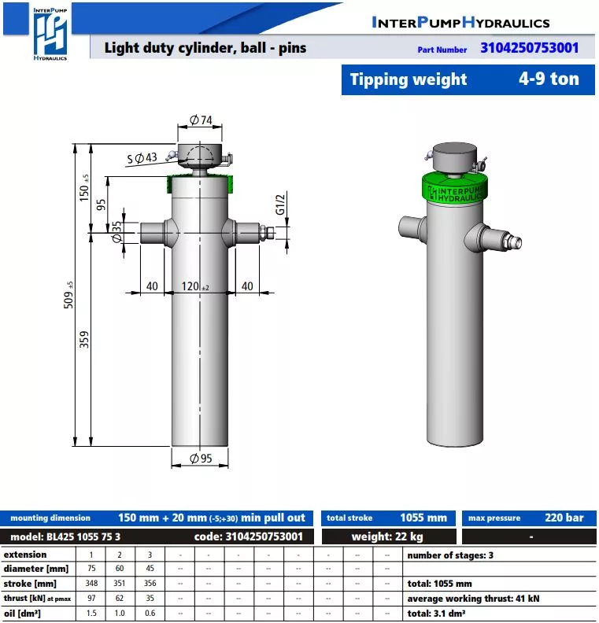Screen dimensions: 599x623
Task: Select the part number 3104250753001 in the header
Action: pyautogui.click(x=530, y=48)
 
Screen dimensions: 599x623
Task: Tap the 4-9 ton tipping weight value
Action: pyautogui.click(x=549, y=79)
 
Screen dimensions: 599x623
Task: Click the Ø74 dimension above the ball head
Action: pyautogui.click(x=201, y=120)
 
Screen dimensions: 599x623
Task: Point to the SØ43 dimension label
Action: pyautogui.click(x=142, y=158)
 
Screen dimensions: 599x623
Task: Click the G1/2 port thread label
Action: pyautogui.click(x=280, y=205)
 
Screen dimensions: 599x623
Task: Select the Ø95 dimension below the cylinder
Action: pyautogui.click(x=201, y=459)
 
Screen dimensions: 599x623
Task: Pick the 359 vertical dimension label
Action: pyautogui.click(x=84, y=340)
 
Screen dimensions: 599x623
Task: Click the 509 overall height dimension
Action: pyautogui.click(x=68, y=295)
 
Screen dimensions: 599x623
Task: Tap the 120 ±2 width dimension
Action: pyautogui.click(x=194, y=286)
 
